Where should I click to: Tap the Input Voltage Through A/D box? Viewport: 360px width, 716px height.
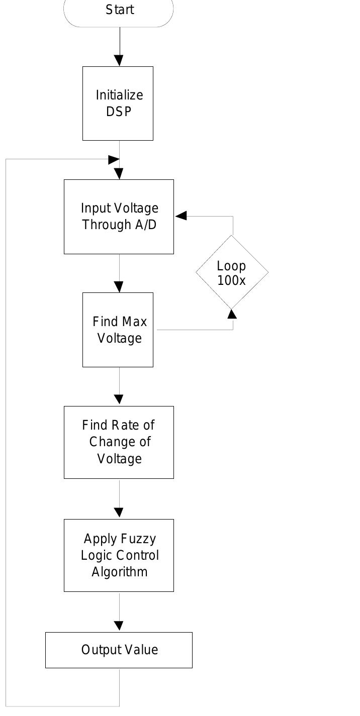click(119, 217)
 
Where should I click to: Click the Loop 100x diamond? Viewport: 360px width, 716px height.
click(232, 272)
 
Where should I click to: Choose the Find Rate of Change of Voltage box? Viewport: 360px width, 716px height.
click(119, 442)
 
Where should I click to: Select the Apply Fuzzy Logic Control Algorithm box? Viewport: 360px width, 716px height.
click(119, 555)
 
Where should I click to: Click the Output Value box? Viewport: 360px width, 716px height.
click(119, 650)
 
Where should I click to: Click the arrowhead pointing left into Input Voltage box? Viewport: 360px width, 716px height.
click(181, 216)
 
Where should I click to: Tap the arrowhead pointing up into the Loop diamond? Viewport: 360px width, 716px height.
click(232, 314)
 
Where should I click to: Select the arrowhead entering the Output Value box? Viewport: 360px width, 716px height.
click(119, 626)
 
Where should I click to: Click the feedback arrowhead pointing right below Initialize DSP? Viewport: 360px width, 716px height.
click(114, 159)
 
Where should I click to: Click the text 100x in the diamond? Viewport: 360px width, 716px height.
click(231, 280)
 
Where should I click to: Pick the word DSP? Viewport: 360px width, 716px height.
click(119, 112)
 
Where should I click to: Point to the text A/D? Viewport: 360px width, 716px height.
click(146, 225)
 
